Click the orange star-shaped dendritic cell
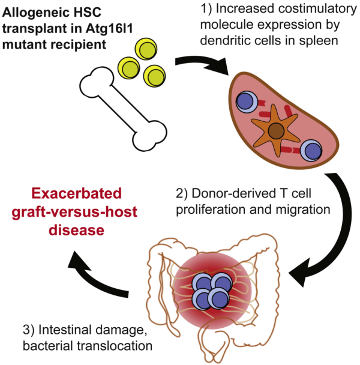[276, 129]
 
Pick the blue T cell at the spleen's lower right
[312, 149]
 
